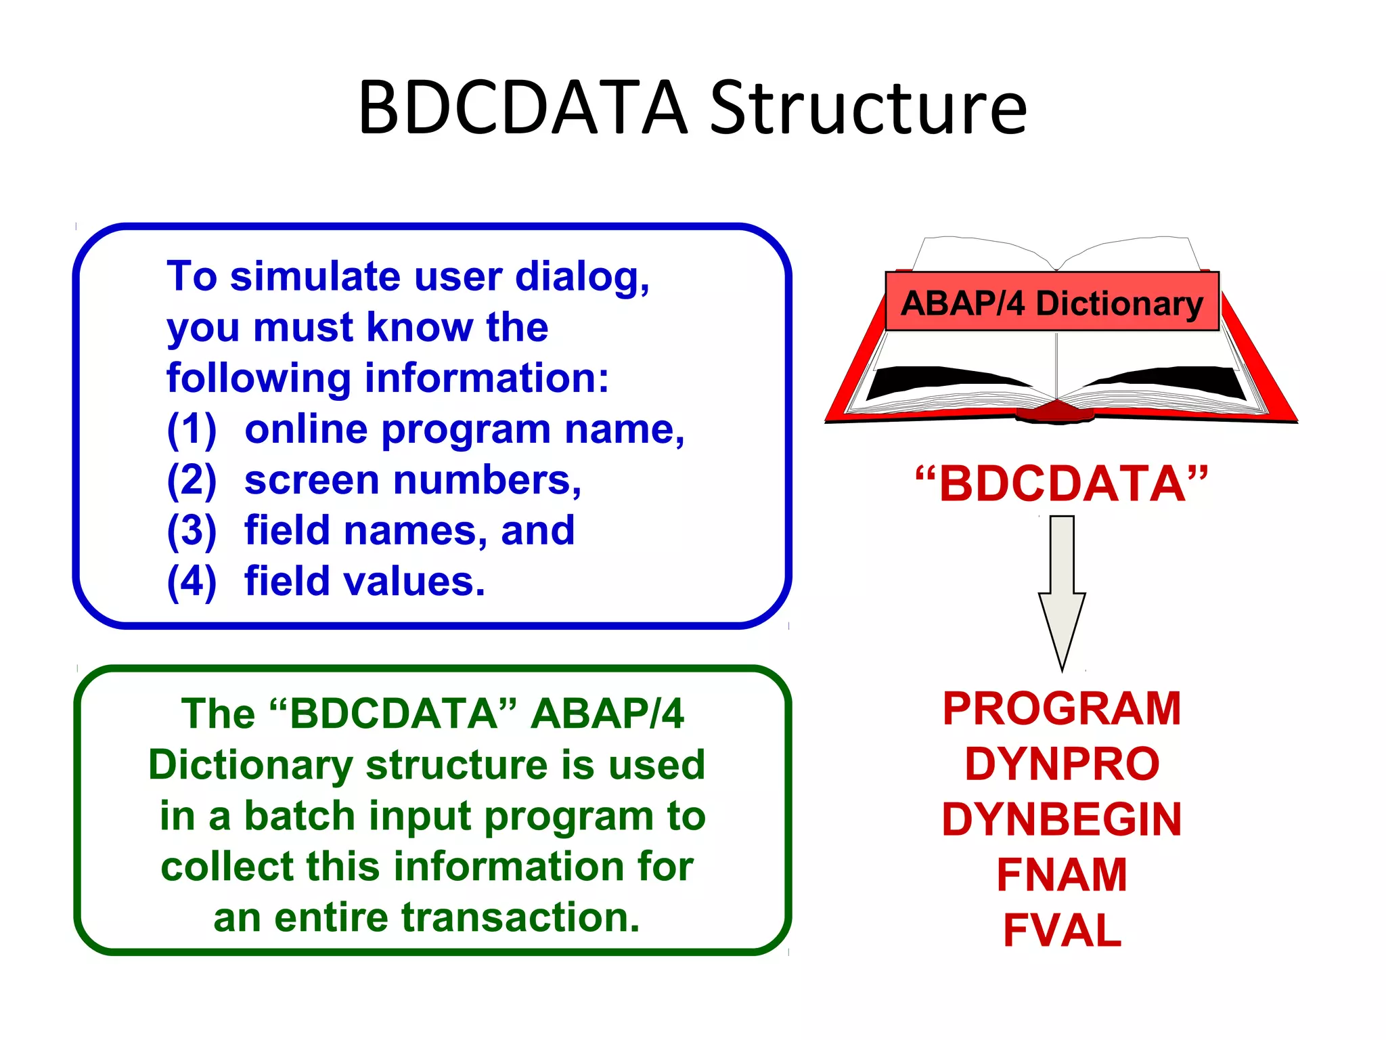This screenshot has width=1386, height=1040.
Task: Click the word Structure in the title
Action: point(868,108)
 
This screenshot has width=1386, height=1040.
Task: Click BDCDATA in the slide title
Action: point(522,108)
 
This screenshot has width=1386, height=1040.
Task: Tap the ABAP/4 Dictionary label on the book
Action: point(1052,303)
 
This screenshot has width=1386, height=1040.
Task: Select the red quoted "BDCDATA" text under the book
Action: point(1061,483)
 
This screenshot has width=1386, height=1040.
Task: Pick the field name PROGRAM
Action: point(1062,709)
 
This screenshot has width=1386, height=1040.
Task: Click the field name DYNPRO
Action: point(1062,764)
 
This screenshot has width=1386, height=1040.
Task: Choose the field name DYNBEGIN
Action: point(1062,819)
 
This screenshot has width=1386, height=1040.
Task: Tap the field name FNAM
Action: point(1062,875)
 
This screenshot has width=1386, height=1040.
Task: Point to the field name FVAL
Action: point(1062,930)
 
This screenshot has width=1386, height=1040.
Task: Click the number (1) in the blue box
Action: point(192,429)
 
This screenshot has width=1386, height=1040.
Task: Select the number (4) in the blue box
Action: point(192,582)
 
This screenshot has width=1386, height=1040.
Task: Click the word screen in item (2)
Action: point(312,481)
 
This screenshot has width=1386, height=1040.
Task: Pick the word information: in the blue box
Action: point(487,378)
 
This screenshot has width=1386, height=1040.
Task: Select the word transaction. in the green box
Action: point(520,917)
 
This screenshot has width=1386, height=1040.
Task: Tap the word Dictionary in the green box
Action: point(250,765)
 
